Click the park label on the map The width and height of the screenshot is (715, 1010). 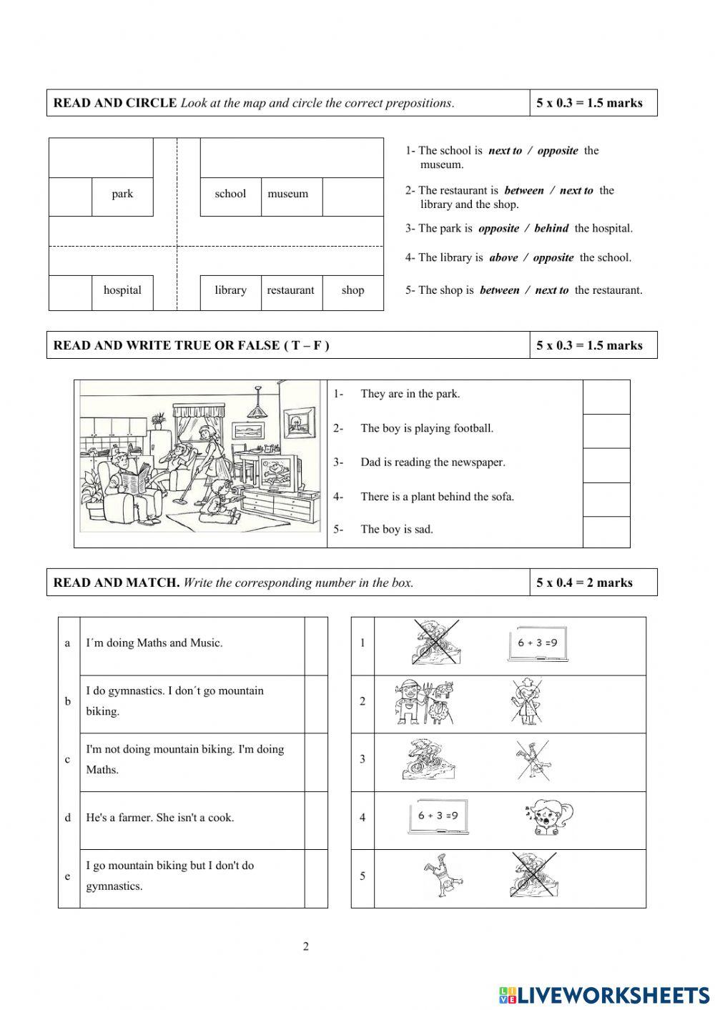(122, 194)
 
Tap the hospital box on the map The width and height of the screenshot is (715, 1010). (122, 290)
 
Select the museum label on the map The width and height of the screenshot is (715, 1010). (287, 194)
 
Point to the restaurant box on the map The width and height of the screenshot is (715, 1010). (290, 290)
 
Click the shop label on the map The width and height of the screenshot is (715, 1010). (352, 290)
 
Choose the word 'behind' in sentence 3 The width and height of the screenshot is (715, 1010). (551, 229)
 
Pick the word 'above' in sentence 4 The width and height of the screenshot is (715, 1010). (503, 258)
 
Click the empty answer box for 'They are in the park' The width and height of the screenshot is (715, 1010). (606, 397)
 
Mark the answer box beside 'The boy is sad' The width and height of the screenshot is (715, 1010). (606, 531)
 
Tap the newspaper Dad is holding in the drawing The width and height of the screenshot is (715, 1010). (136, 477)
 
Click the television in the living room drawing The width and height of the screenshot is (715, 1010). (274, 473)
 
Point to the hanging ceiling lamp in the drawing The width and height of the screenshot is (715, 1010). (257, 409)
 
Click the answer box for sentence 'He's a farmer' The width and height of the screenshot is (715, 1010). (315, 820)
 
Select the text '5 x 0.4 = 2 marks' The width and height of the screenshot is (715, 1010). (584, 583)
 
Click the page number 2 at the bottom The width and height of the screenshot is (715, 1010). (306, 947)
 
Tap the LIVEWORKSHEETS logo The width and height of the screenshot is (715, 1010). (604, 994)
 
